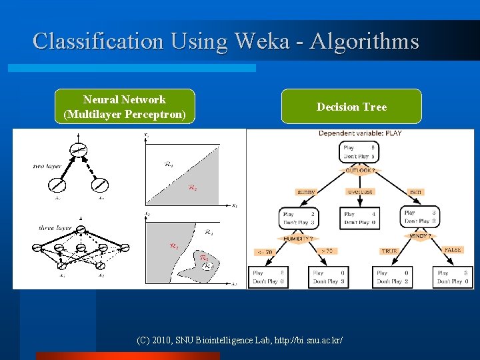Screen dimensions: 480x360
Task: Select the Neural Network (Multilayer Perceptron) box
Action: click(x=125, y=107)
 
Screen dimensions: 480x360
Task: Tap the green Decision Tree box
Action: click(x=351, y=107)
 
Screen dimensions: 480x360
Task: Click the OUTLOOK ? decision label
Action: click(x=359, y=171)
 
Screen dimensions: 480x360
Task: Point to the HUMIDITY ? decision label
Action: click(x=297, y=238)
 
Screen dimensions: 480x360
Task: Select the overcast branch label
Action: click(x=360, y=192)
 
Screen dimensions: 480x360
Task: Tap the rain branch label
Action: click(x=415, y=192)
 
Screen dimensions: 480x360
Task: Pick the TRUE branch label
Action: click(x=389, y=251)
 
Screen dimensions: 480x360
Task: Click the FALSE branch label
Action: click(x=452, y=250)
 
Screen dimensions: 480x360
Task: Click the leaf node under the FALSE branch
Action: click(x=453, y=277)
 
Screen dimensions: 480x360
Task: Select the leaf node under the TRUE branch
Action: click(x=392, y=277)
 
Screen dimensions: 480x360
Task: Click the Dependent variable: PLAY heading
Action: click(x=360, y=133)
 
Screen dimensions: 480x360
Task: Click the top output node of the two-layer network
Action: click(x=79, y=151)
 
